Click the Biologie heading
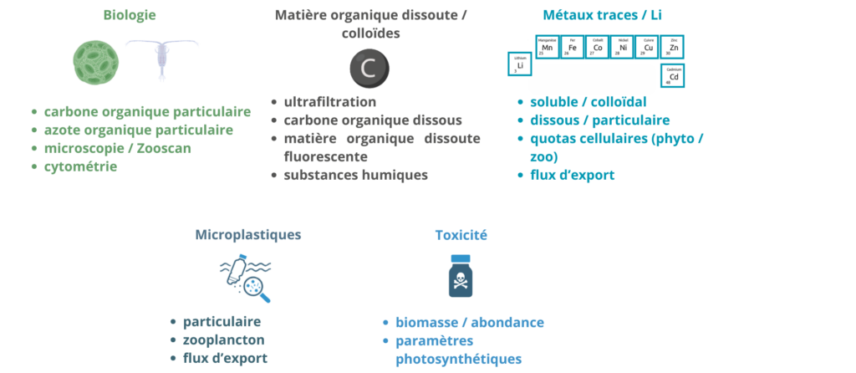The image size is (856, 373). pos(130,15)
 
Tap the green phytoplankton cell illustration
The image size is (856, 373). pos(99,62)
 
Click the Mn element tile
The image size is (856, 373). pos(547,47)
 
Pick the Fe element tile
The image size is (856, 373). pos(572,47)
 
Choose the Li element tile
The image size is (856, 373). pos(520,64)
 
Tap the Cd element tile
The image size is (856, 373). pos(673,76)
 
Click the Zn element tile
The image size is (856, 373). pos(673,47)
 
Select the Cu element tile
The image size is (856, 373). pos(648,47)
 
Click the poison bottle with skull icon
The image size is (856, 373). pos(461,276)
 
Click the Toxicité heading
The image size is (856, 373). pos(461,235)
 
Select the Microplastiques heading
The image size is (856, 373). pos(247,235)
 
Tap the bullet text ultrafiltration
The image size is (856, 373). pos(330,102)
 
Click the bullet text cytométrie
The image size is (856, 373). pos(80,166)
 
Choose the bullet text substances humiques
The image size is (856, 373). pos(356,175)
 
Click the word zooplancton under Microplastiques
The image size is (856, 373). pos(223,340)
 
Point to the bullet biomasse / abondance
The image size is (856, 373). pos(470,322)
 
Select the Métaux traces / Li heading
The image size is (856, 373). pos(597,15)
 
